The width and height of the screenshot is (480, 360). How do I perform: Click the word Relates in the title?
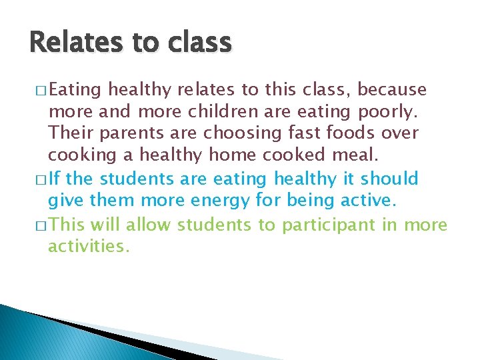click(70, 43)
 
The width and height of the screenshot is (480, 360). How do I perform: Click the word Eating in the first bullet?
click(75, 89)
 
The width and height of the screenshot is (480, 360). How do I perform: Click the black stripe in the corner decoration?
click(100, 333)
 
